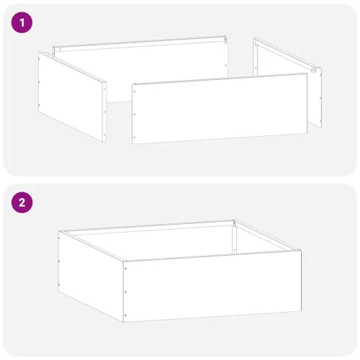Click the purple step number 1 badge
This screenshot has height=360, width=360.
click(22, 22)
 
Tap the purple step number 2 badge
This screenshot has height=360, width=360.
click(22, 202)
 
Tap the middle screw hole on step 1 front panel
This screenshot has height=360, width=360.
click(135, 114)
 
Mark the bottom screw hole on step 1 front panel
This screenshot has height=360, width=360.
click(135, 135)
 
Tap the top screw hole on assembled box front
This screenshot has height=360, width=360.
click(126, 269)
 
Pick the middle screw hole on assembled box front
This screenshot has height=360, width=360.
click(126, 292)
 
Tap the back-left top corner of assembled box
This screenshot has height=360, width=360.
click(61, 232)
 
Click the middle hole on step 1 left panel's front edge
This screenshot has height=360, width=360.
click(105, 108)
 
